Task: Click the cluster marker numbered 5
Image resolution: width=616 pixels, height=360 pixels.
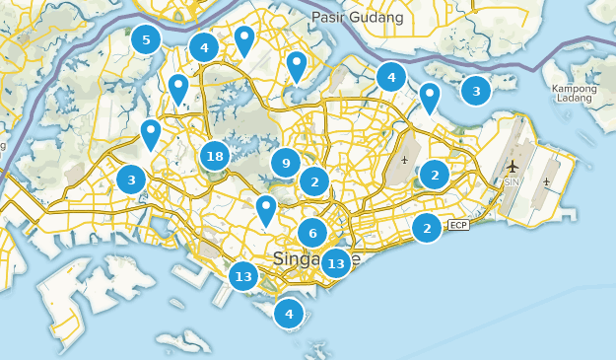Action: [146, 40]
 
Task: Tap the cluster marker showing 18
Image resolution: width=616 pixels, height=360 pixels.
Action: [215, 156]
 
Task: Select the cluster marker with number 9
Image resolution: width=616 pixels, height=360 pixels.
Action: [286, 164]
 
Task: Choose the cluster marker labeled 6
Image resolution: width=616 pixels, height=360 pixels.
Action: [312, 234]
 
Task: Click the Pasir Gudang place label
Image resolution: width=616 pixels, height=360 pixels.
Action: [357, 18]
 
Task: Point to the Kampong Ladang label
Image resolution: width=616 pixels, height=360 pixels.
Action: [575, 95]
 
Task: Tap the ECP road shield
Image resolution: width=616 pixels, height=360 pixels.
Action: [457, 226]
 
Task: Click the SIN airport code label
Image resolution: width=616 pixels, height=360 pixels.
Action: [512, 182]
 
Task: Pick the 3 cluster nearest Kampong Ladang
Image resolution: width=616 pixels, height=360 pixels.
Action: [476, 92]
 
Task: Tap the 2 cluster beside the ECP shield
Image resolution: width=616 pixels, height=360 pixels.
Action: [427, 228]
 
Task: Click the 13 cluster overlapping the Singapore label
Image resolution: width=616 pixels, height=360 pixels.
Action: [336, 263]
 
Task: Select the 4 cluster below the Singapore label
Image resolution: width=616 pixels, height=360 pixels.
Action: [289, 315]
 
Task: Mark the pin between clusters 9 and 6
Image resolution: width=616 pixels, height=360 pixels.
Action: [265, 209]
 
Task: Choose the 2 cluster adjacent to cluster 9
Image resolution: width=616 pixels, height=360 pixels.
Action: [314, 181]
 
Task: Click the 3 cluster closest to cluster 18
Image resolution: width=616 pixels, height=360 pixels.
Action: [131, 180]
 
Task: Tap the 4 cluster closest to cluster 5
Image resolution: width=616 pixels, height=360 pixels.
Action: [204, 46]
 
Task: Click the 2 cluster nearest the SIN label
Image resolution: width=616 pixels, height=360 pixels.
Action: [434, 175]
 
